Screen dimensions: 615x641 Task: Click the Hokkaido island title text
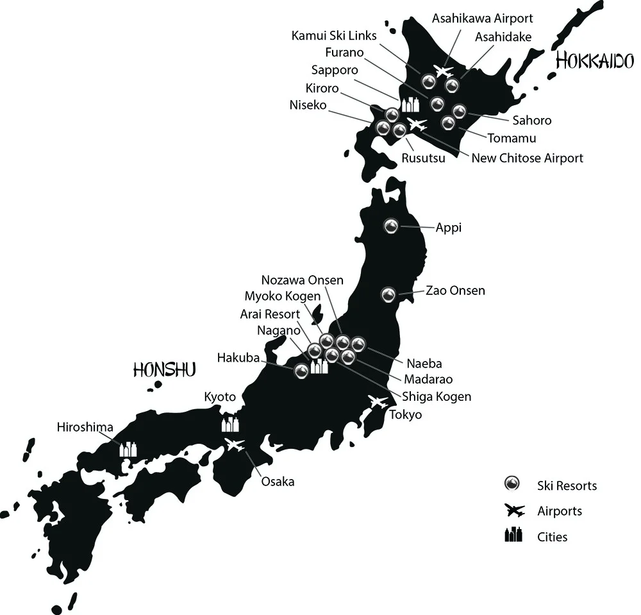pyautogui.click(x=595, y=61)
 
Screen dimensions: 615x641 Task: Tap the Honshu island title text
pyautogui.click(x=164, y=369)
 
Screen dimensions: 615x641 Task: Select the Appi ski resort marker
pyautogui.click(x=391, y=226)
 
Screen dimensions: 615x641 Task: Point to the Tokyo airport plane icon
pyautogui.click(x=378, y=402)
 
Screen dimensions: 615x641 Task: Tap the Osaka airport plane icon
pyautogui.click(x=235, y=444)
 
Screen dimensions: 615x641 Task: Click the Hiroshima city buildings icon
pyautogui.click(x=128, y=449)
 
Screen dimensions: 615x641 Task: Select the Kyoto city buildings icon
pyautogui.click(x=230, y=423)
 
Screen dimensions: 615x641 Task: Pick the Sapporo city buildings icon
pyautogui.click(x=410, y=104)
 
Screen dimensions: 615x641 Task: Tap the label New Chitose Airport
pyautogui.click(x=527, y=158)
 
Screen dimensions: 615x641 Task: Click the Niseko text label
pyautogui.click(x=308, y=105)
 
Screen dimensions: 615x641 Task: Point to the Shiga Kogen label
pyautogui.click(x=437, y=396)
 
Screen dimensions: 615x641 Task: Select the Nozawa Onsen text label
pyautogui.click(x=303, y=280)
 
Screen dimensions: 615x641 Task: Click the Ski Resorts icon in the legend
pyautogui.click(x=512, y=485)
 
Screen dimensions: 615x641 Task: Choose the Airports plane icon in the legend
pyautogui.click(x=514, y=510)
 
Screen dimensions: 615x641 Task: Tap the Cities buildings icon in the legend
pyautogui.click(x=513, y=535)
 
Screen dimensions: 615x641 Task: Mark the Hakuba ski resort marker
pyautogui.click(x=301, y=370)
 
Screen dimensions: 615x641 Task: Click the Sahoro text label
pyautogui.click(x=532, y=120)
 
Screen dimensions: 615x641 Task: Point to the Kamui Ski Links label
pyautogui.click(x=334, y=35)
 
